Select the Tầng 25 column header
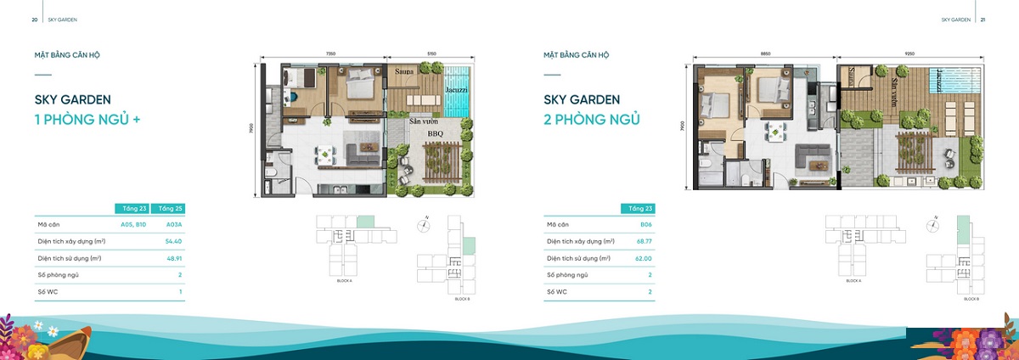[171, 208]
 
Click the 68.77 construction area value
[645, 241]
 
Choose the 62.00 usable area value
[645, 258]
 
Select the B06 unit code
[646, 225]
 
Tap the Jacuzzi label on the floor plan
[455, 89]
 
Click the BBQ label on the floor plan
[435, 133]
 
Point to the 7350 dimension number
[330, 53]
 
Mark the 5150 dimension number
[431, 53]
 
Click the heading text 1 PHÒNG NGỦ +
[87, 120]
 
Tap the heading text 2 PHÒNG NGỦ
[592, 120]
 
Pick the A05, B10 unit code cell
[134, 225]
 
